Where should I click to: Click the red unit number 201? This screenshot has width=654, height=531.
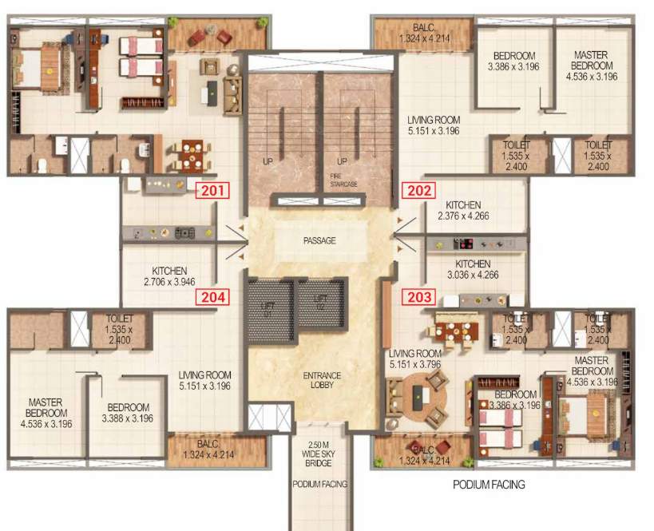tap(213, 190)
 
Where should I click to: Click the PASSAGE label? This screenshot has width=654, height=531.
tap(319, 240)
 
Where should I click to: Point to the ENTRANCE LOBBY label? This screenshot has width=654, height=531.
tap(323, 380)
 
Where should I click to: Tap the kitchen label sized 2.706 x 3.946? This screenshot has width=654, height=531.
tap(169, 276)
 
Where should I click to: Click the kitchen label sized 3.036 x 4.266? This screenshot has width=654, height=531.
tap(473, 269)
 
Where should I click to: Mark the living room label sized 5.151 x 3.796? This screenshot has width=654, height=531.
tap(415, 359)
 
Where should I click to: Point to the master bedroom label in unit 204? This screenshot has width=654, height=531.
tap(47, 408)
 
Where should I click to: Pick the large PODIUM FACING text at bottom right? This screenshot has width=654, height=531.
tap(489, 485)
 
